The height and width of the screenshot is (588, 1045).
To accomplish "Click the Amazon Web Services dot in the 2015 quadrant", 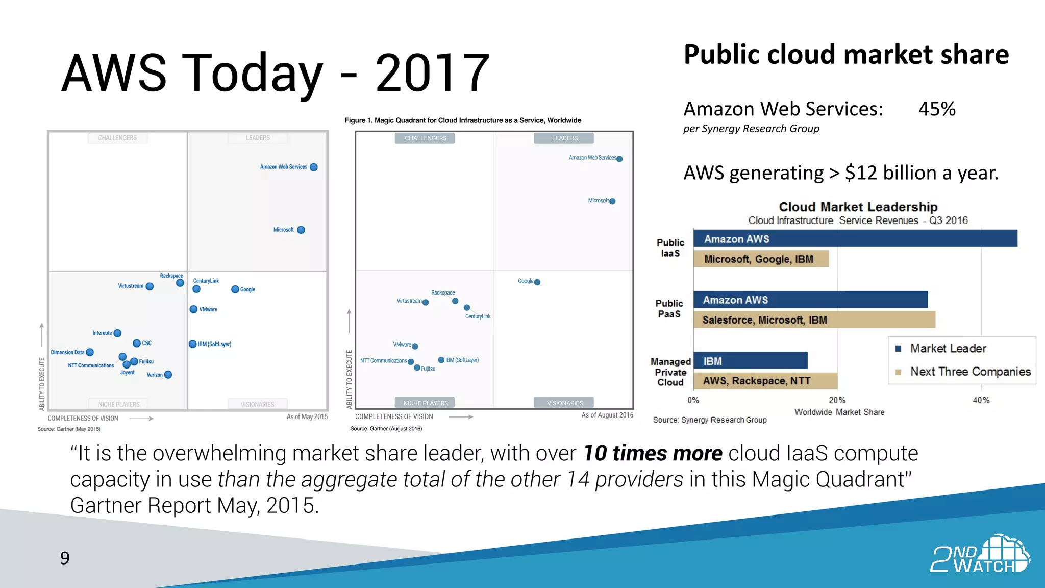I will point(314,167).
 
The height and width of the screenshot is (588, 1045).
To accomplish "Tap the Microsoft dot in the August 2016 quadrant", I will point(612,201).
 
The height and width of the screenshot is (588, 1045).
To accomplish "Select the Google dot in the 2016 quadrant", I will point(537,282).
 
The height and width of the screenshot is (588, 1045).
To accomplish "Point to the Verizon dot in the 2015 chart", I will point(168,375).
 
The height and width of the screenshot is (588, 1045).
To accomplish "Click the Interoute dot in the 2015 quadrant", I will point(117,333).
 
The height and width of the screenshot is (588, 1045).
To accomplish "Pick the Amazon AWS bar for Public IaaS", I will point(855,239).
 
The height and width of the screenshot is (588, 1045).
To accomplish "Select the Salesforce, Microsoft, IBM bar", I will point(814,320).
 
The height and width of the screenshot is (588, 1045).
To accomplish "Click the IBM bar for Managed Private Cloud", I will point(750,361).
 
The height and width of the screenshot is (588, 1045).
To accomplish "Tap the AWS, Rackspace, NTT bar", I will point(765,381).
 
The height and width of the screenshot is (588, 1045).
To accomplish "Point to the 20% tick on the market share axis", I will point(837,401).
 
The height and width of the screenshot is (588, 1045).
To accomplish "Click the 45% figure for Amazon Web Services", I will point(937,109).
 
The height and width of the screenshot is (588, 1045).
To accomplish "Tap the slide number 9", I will point(65,558).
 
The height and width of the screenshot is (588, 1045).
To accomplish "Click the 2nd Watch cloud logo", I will point(980,554).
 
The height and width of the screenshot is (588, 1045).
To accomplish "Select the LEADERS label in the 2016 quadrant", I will point(564,138).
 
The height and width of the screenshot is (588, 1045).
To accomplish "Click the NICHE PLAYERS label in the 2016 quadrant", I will point(425,403).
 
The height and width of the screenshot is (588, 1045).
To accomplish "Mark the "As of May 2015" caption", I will point(307,417).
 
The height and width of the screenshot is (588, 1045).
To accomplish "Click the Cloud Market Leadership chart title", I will point(858,207).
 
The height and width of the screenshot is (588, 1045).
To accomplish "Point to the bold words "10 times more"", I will point(653,453).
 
